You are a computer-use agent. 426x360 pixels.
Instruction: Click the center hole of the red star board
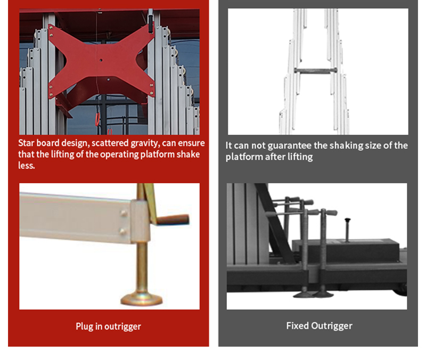[101, 60]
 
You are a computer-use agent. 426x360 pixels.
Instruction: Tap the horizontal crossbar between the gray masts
[316, 70]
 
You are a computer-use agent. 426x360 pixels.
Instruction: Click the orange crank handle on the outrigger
[173, 219]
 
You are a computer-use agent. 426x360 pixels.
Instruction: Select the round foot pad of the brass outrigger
[142, 299]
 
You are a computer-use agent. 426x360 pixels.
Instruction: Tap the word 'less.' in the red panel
[26, 166]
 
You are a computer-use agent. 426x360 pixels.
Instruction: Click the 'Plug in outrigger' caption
[109, 326]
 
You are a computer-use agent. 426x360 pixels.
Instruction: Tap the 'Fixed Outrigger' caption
[319, 326]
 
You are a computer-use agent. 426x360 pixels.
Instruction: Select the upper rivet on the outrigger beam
[124, 213]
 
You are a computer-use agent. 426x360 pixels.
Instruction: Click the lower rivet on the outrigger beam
[123, 232]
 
